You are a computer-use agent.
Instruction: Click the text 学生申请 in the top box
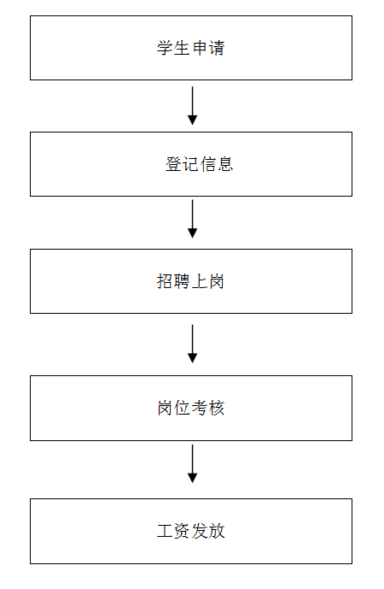(191, 48)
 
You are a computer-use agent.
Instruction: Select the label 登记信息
(199, 164)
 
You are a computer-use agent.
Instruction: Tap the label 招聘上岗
(191, 281)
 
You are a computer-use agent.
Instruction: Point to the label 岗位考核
(191, 408)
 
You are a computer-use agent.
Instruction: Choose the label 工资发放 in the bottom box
(191, 531)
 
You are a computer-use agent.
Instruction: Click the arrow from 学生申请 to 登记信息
(192, 105)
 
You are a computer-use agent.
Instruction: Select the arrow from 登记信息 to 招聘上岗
(192, 219)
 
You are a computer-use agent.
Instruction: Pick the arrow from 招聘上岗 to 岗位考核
(192, 344)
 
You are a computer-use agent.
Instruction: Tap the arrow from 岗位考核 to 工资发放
(192, 463)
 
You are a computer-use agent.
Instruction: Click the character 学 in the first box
(165, 48)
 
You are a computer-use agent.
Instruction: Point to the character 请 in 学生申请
(217, 48)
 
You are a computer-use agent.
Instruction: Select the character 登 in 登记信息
(173, 164)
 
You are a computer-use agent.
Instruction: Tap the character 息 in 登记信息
(225, 164)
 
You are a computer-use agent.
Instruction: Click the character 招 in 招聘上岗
(165, 281)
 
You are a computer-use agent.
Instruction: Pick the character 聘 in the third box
(183, 281)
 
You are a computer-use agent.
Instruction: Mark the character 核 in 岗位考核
(217, 408)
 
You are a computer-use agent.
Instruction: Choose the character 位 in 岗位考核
(183, 408)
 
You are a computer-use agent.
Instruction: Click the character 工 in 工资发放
(165, 531)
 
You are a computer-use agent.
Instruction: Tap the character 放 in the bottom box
(217, 531)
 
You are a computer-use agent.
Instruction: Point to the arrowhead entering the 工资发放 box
(192, 478)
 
